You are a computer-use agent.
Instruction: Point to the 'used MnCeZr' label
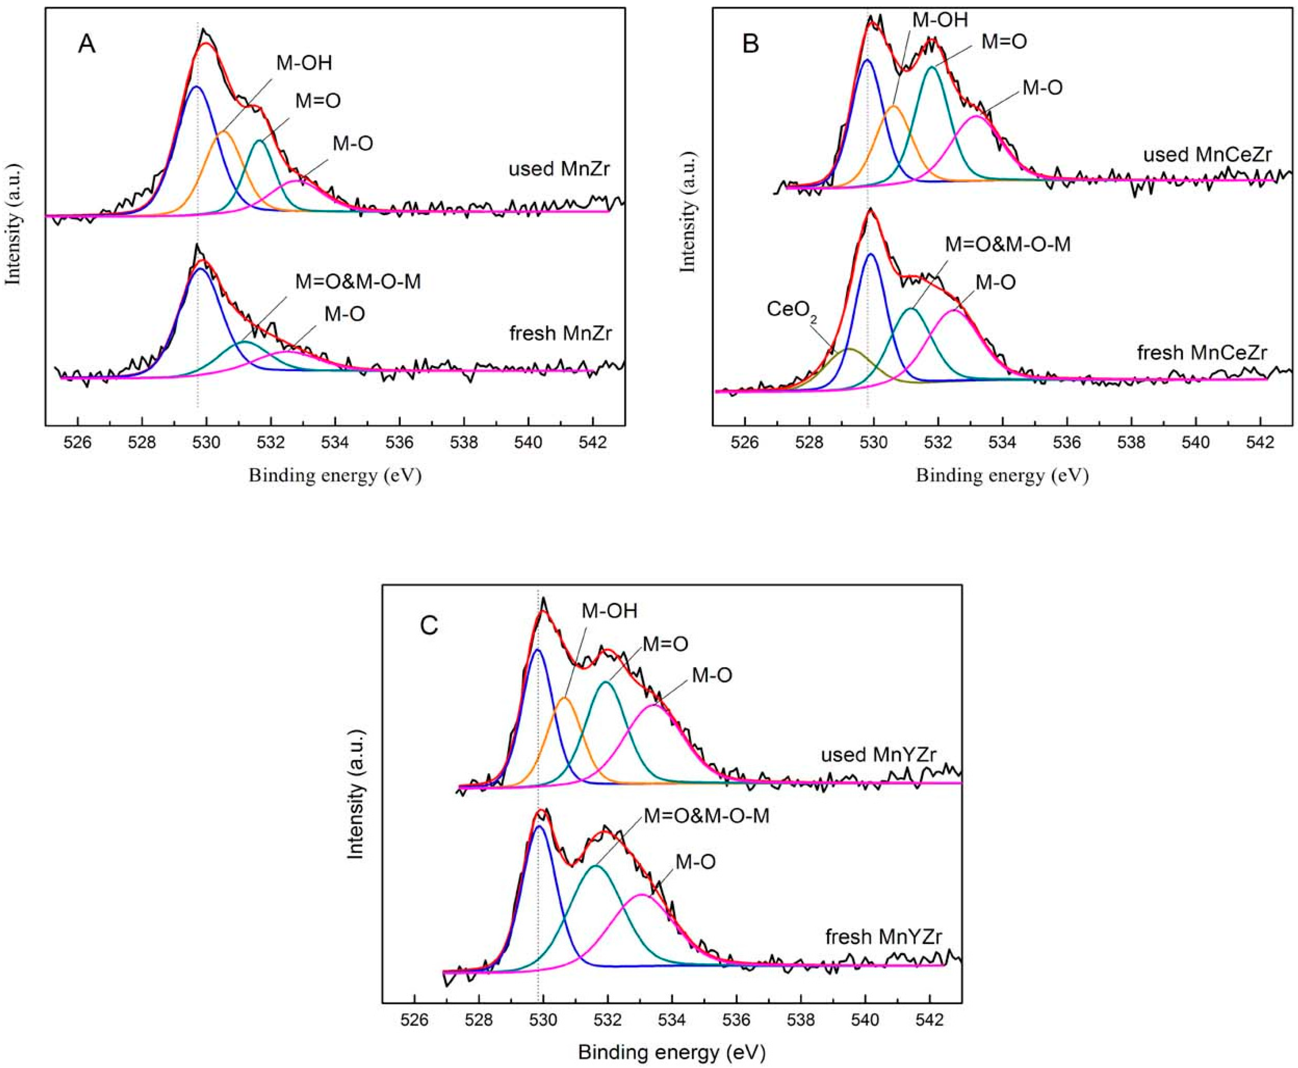(x=1207, y=154)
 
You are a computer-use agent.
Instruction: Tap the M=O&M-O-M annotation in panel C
(x=706, y=816)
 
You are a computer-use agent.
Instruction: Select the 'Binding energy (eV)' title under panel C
(x=671, y=1052)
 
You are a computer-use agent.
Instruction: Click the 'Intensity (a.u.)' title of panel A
(x=13, y=223)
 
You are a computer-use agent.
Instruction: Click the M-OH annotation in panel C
(x=609, y=611)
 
